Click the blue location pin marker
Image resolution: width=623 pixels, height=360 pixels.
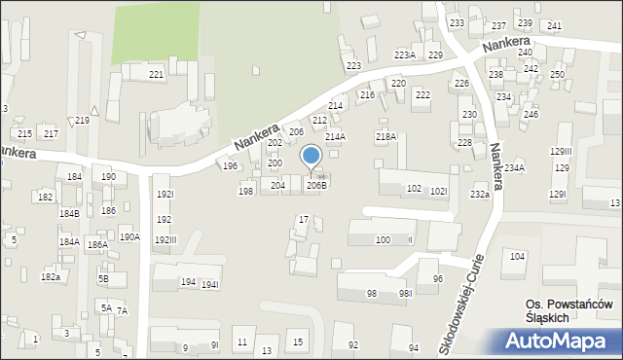pyautogui.click(x=311, y=157)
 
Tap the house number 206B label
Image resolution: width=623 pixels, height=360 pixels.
pyautogui.click(x=317, y=185)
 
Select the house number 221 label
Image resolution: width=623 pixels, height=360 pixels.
pyautogui.click(x=156, y=75)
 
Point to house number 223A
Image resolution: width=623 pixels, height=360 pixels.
pyautogui.click(x=404, y=55)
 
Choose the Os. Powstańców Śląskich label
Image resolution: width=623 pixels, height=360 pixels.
pyautogui.click(x=568, y=311)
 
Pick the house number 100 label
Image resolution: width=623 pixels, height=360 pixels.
pyautogui.click(x=383, y=239)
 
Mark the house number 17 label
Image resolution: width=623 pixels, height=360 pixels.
pyautogui.click(x=304, y=220)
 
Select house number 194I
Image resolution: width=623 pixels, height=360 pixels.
pyautogui.click(x=210, y=283)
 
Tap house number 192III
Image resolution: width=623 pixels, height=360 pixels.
pyautogui.click(x=165, y=240)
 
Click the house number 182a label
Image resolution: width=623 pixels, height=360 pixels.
pyautogui.click(x=50, y=277)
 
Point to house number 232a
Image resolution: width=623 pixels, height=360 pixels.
pyautogui.click(x=479, y=195)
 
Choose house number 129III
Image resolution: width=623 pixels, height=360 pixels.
pyautogui.click(x=561, y=152)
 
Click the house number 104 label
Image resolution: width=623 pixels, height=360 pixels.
pyautogui.click(x=516, y=256)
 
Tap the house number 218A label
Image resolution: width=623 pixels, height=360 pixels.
pyautogui.click(x=385, y=138)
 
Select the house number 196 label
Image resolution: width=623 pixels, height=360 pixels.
pyautogui.click(x=230, y=166)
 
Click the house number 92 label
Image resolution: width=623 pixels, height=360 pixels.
pyautogui.click(x=353, y=345)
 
